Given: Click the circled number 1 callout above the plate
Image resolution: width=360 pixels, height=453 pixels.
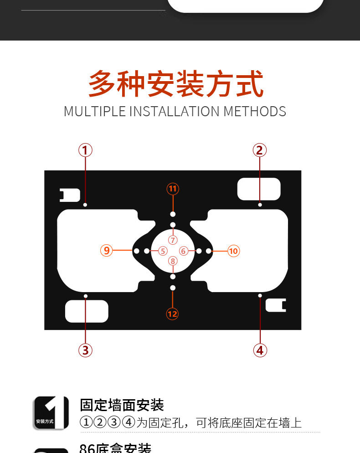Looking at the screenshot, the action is coord(85,150).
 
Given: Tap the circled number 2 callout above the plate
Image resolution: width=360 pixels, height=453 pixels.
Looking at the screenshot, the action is coord(259,150).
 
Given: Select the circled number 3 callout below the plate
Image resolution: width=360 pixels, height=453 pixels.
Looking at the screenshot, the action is coord(85,350).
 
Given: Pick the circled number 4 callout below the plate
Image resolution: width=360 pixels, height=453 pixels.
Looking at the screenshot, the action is coord(260,350).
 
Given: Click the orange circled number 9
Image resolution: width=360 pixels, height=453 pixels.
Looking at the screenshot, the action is coord(106,251).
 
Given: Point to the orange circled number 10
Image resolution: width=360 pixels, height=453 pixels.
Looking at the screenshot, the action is coord(233,251).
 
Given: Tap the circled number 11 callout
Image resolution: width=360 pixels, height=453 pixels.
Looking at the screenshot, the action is coord(172,189).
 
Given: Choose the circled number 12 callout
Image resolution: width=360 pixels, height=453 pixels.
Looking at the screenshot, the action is coord(172,314).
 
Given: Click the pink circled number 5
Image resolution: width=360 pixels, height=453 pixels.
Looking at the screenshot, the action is coord(163,251).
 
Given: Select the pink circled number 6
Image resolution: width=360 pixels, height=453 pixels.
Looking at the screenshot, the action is coord(183,251).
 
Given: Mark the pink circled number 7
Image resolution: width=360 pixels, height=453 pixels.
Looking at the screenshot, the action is coord(172,240).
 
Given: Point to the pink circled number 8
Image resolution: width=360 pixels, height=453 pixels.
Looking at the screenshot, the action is coord(172,261).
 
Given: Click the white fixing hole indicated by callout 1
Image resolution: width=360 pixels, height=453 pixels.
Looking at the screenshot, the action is coord(85,205).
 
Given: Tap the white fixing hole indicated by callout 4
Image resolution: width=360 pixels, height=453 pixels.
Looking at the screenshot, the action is coord(260,295).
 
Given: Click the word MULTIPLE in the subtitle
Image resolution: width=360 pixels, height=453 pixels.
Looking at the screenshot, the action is coord(94,111).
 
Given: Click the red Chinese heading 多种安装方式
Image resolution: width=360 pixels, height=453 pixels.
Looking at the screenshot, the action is coord(175,84).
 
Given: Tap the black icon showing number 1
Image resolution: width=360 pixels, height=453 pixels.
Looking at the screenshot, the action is coord(51,413).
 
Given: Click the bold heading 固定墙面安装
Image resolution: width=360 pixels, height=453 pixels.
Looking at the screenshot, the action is coord(122,405).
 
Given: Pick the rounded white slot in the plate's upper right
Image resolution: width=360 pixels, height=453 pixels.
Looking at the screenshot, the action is coord(259,189).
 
